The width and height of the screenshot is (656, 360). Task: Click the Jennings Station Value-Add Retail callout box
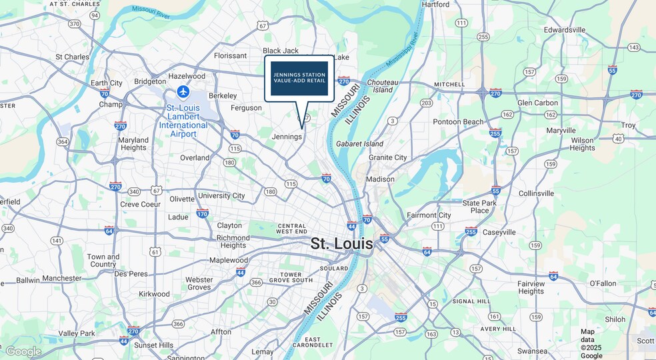coord(299,78)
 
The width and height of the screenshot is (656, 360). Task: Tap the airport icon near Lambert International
coord(183,91)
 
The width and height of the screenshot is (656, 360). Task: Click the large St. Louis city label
coord(341,243)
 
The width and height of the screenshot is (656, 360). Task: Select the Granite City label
coord(387,157)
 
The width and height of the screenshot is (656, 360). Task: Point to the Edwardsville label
coord(565,30)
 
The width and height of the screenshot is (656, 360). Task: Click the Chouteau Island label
coord(383,86)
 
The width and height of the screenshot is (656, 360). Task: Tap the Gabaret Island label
coord(359,143)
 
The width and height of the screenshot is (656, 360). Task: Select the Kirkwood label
coord(154,294)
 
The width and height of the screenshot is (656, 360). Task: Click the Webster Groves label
coord(199,283)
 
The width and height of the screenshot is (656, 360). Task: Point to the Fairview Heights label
coord(531,287)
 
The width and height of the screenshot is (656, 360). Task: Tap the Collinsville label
coord(536,193)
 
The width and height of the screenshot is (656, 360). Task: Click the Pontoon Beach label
coord(458,122)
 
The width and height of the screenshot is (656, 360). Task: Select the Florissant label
coord(231,56)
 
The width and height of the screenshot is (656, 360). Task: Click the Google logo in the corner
coord(23,351)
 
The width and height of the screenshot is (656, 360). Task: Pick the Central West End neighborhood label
coord(292,229)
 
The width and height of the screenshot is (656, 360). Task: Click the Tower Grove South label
coord(296,277)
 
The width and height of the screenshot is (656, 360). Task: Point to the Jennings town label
coord(287,137)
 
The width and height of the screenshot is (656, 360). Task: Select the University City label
coord(221,196)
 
